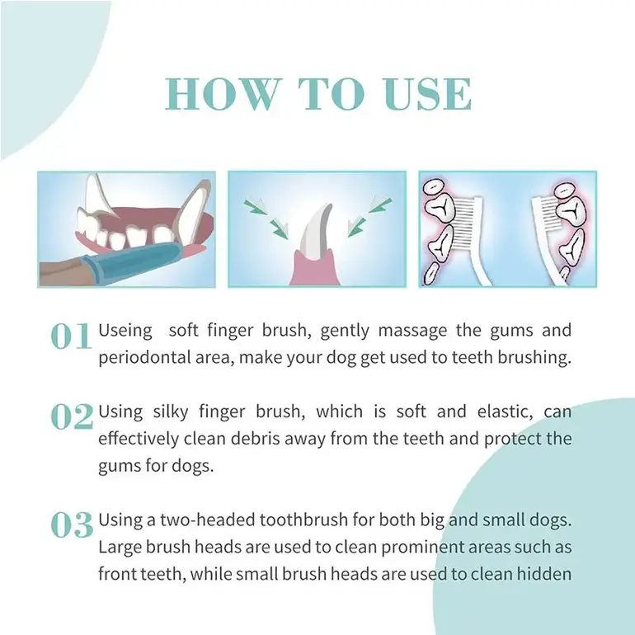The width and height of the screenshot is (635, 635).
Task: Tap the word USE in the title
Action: [428, 94]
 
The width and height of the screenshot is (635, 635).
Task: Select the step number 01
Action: [71, 336]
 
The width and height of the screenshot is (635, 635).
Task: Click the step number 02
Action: [72, 416]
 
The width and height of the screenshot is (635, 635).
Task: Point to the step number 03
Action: [72, 524]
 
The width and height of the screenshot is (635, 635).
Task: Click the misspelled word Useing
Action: [125, 331]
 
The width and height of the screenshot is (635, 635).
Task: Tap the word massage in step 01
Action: [412, 331]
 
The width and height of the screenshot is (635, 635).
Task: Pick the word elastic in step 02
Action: [505, 412]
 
